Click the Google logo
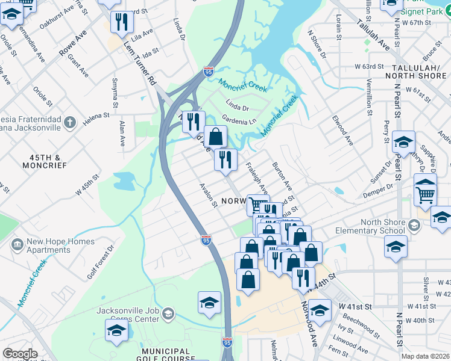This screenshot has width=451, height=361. click(x=20, y=354)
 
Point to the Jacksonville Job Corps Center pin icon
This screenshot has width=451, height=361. click(x=168, y=314)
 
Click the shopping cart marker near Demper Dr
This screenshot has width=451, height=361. click(x=426, y=194)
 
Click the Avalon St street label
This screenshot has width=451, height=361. click(x=209, y=195)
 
